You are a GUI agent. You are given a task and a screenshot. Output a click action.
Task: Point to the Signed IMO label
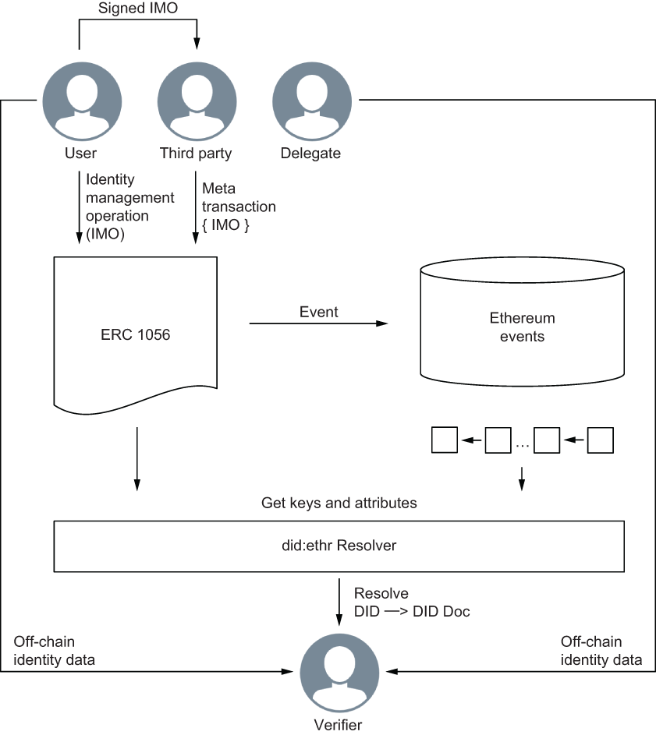point(138,9)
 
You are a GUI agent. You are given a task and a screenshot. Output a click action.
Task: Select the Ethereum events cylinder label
point(522,327)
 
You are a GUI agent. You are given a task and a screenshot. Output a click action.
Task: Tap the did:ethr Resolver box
point(339,546)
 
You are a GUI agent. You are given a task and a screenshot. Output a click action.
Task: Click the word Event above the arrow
point(318,312)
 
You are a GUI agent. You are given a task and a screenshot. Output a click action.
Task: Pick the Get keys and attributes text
point(339,504)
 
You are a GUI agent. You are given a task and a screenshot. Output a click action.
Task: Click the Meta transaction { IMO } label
point(238,207)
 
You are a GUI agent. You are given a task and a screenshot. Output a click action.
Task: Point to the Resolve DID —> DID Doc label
point(411,602)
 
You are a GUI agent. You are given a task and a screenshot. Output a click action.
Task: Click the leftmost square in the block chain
point(444,440)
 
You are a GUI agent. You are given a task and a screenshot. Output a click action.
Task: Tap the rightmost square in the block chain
point(601,440)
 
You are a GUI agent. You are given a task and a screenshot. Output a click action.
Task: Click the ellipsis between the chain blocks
point(522,443)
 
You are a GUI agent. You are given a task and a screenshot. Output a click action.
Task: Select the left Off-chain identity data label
point(54,651)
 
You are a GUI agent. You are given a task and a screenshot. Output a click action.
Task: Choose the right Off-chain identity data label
point(601,651)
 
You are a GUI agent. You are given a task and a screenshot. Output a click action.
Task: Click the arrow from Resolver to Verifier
point(339,600)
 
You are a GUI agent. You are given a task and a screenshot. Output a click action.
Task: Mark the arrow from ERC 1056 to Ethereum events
point(318,323)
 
